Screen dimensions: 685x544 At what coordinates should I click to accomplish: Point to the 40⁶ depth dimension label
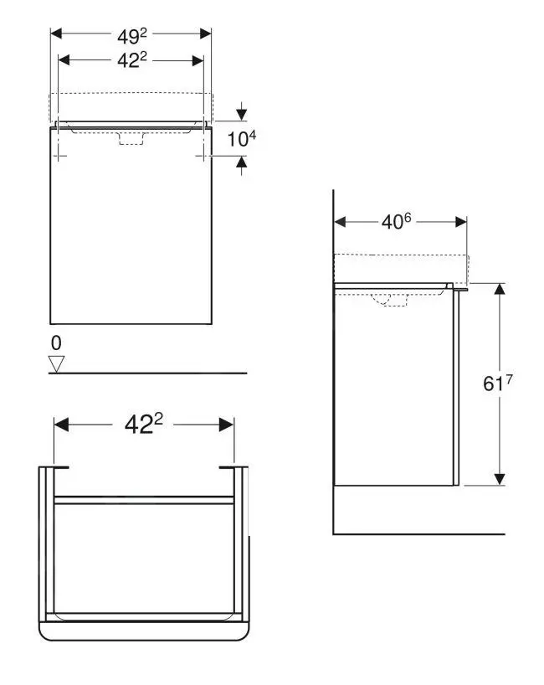click(x=398, y=222)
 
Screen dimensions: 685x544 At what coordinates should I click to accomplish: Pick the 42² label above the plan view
click(x=143, y=425)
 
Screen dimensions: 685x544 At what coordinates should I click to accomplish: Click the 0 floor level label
click(x=56, y=343)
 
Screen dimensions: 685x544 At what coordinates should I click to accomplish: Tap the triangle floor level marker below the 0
click(x=57, y=363)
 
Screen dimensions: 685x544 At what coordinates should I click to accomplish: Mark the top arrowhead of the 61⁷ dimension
click(x=500, y=289)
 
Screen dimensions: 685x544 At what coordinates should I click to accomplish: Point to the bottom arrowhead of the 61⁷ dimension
click(x=500, y=479)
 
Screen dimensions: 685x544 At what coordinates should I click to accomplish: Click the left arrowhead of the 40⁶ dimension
click(x=340, y=222)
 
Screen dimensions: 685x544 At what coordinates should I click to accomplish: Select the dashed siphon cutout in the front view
click(x=131, y=138)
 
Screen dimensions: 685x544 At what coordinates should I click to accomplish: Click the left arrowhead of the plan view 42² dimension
click(x=60, y=425)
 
